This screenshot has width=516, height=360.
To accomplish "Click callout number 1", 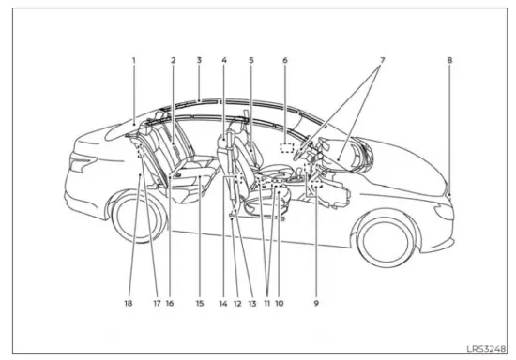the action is tap(134, 61).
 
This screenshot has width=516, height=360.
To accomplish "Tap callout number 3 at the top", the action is tap(199, 61).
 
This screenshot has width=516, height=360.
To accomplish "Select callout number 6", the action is tap(284, 61).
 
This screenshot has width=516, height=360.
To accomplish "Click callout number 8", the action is tap(449, 61).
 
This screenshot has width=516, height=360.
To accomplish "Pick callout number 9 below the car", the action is tap(317, 303).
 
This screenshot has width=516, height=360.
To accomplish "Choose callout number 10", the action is tap(281, 303).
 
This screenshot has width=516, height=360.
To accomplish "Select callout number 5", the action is tap(251, 61).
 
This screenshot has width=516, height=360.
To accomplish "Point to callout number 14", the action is tap(222, 303).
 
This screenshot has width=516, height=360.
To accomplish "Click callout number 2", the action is tap(174, 61).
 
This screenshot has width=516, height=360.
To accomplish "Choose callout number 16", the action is tap(170, 303).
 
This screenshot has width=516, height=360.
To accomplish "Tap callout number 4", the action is tap(224, 61).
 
